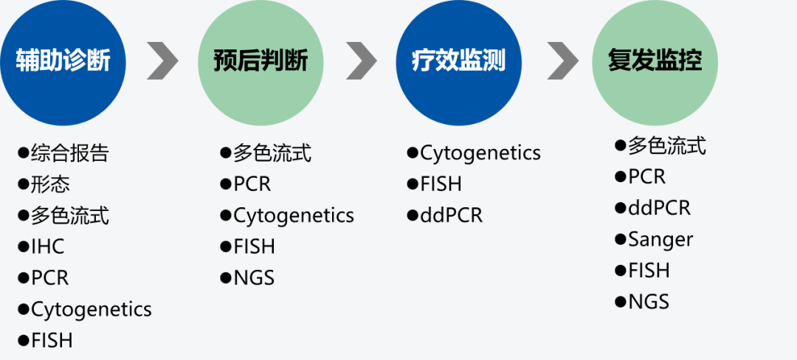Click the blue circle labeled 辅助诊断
tap(63, 63)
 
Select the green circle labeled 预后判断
tap(261, 63)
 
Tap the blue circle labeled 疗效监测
tap(458, 63)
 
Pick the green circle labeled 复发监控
tap(655, 63)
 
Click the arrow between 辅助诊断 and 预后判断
tap(162, 61)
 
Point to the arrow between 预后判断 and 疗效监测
tap(362, 61)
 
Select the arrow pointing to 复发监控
tap(562, 61)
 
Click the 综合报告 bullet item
tap(63, 153)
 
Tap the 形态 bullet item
tap(44, 184)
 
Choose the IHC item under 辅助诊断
tap(41, 247)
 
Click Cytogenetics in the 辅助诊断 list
tap(85, 309)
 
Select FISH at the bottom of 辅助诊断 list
tap(45, 340)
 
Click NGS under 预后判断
tap(247, 277)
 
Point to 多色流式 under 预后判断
tap(266, 153)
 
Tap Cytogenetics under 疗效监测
tap(474, 153)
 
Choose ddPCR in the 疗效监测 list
tap(445, 215)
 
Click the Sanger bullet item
tap(654, 238)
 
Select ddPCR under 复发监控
tap(652, 208)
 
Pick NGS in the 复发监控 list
tap(642, 302)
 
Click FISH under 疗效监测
tap(434, 184)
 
